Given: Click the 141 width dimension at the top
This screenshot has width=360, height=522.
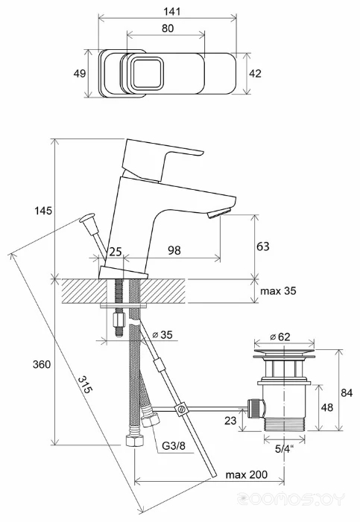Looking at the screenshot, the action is pyautogui.click(x=171, y=11).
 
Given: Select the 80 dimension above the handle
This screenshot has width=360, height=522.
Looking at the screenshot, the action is pyautogui.click(x=168, y=28).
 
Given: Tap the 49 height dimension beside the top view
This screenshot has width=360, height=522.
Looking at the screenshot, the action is pyautogui.click(x=80, y=73).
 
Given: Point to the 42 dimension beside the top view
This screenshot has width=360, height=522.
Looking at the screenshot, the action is pyautogui.click(x=256, y=73).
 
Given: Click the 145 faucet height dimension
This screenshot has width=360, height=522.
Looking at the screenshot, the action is pyautogui.click(x=43, y=211).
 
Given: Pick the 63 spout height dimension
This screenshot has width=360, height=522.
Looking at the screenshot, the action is pyautogui.click(x=262, y=246).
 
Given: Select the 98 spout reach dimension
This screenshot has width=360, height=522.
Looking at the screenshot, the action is pyautogui.click(x=174, y=250).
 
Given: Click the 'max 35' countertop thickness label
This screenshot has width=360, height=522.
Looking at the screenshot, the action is pyautogui.click(x=278, y=291).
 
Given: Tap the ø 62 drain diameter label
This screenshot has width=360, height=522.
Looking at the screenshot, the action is pyautogui.click(x=280, y=337).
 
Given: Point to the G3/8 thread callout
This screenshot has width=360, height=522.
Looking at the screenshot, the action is pyautogui.click(x=174, y=445).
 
